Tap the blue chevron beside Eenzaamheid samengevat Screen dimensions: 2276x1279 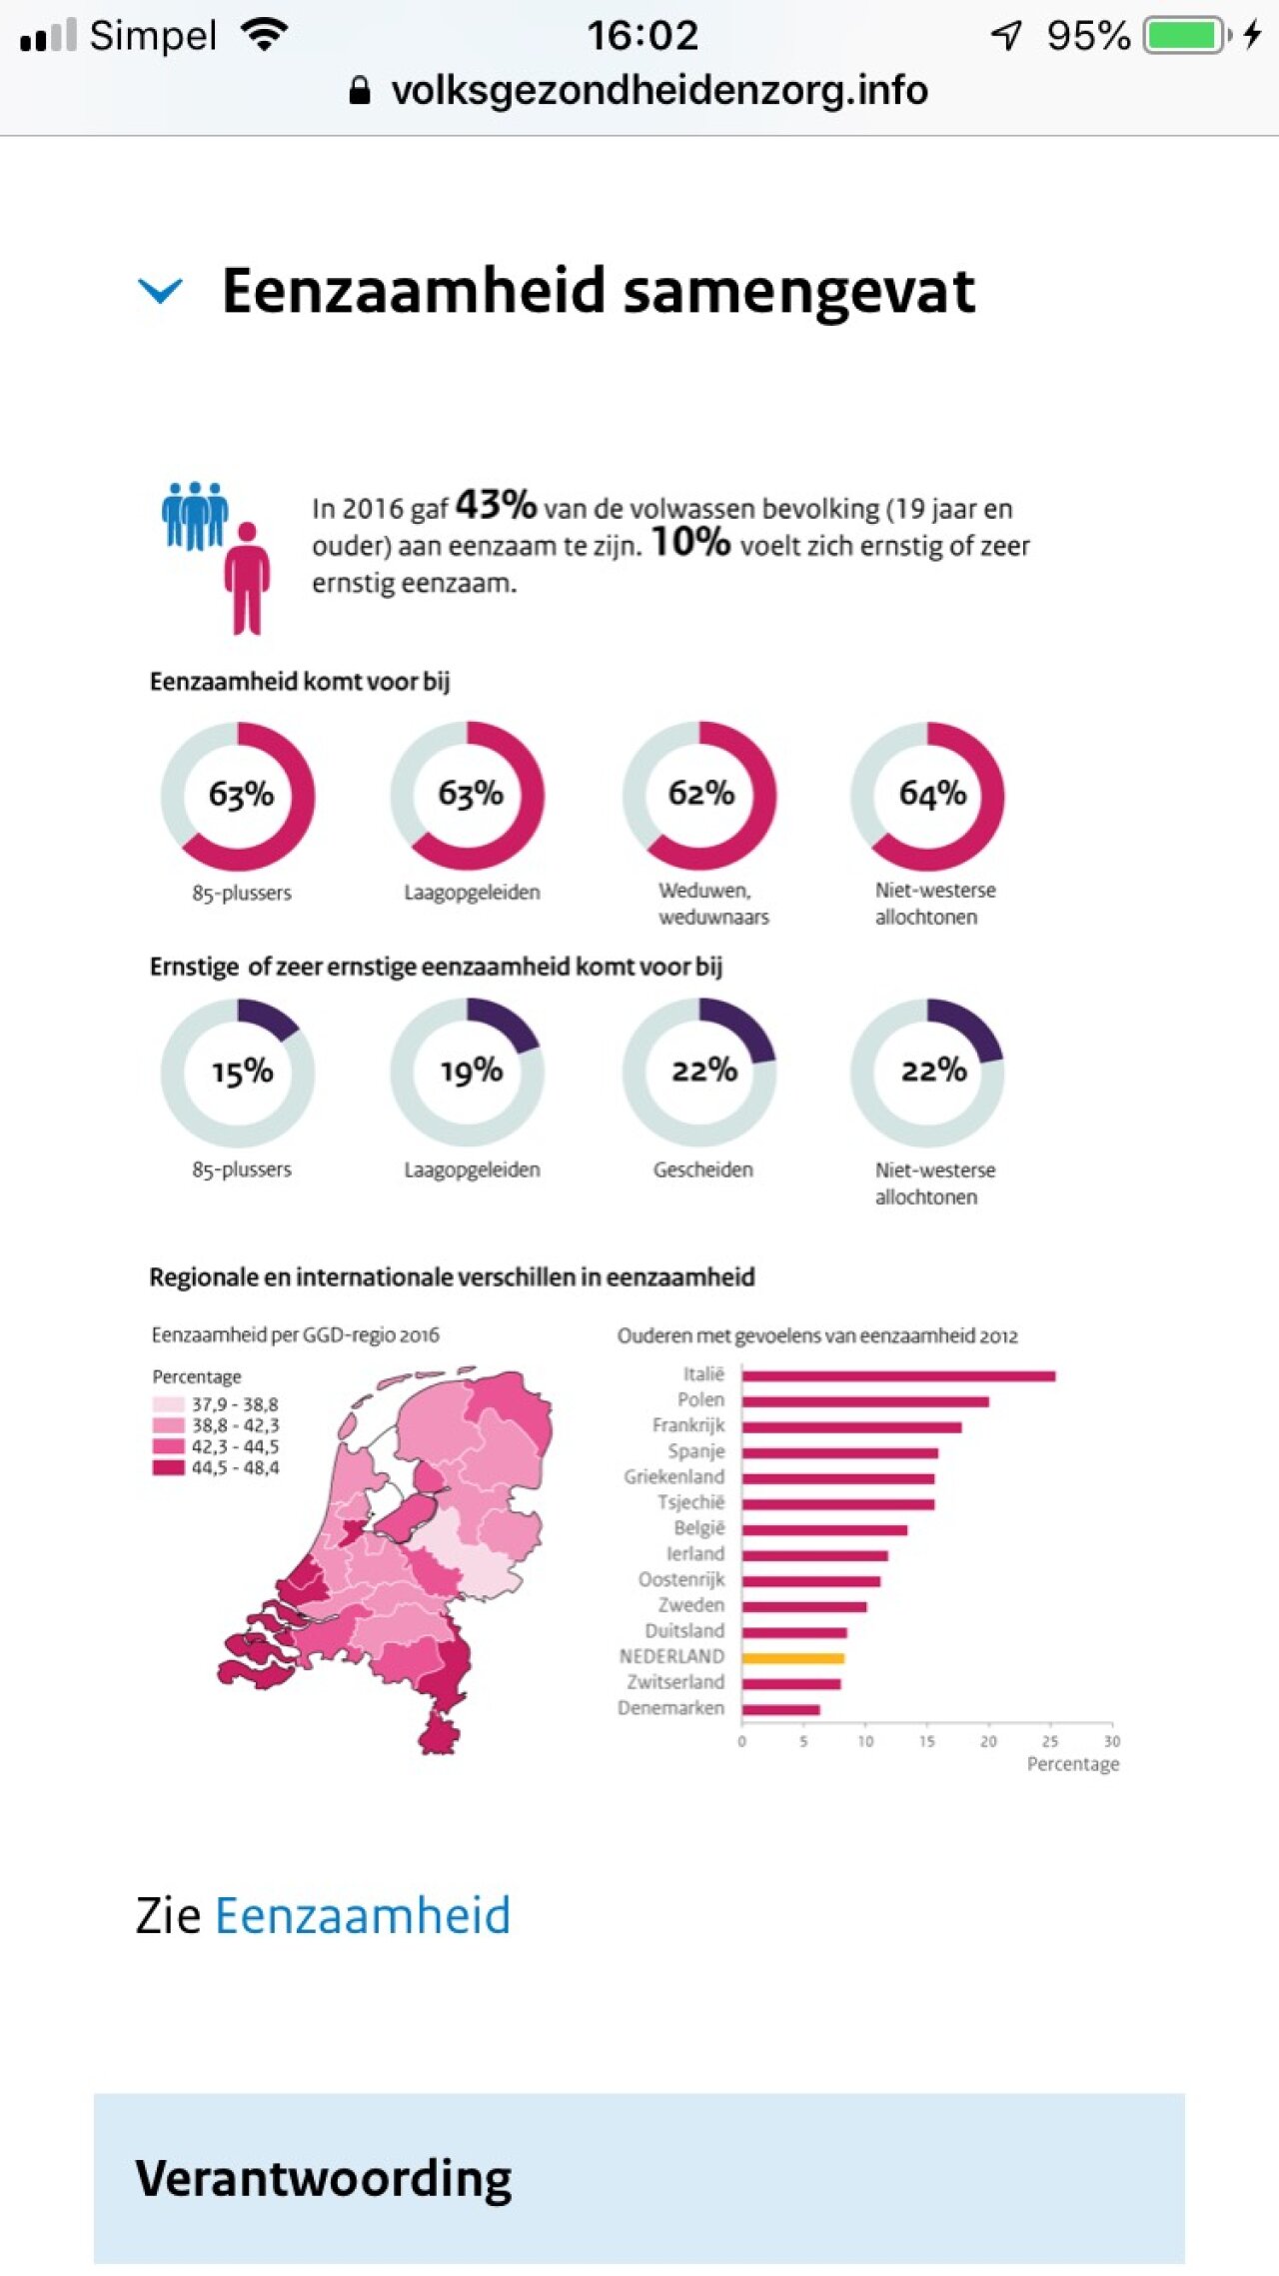tap(160, 291)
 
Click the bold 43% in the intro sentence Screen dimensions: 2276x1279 tap(496, 505)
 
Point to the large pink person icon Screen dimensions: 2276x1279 tap(246, 578)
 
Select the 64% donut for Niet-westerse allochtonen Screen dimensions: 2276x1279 tap(928, 796)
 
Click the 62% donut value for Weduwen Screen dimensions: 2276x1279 tap(700, 794)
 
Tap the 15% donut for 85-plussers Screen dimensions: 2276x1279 tap(239, 1073)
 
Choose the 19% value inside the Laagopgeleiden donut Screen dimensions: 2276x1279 tap(472, 1072)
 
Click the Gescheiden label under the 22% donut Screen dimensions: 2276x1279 tap(702, 1169)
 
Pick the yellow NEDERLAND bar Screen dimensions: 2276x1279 tap(793, 1658)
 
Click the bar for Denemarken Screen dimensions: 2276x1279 tap(780, 1710)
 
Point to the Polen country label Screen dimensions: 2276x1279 tap(700, 1399)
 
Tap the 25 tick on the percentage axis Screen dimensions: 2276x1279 tap(1050, 1740)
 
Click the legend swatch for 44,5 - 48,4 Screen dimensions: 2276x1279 tap(168, 1467)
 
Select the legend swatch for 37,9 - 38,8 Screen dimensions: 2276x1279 tap(168, 1404)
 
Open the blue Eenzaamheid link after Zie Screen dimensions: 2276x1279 tap(363, 1916)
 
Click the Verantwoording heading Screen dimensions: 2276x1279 tap(324, 2178)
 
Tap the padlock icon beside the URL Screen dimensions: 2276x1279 tap(360, 92)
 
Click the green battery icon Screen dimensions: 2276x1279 tap(1186, 36)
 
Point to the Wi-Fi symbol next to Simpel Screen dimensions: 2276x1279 tap(264, 36)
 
